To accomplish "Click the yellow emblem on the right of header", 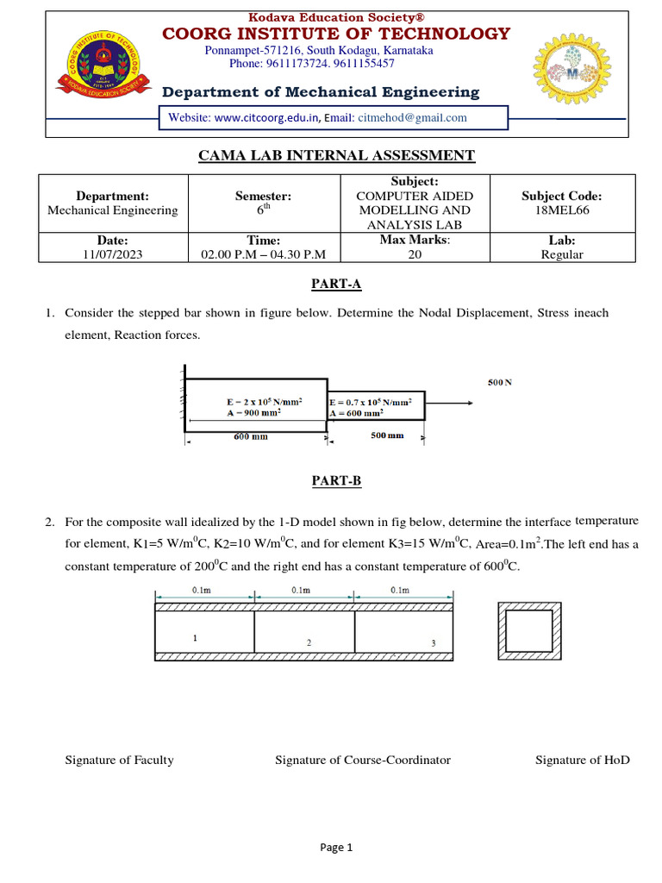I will tap(575, 74).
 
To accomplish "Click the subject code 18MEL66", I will tap(562, 210).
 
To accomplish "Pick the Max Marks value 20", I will tap(415, 254).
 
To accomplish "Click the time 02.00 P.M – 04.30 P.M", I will tap(263, 254).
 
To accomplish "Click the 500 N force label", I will tap(500, 382).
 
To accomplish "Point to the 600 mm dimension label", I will tap(251, 436).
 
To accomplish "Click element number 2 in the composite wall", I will tap(309, 642).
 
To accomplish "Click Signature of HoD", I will tap(582, 760).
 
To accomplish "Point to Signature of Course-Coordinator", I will tap(362, 760).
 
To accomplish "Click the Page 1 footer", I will tap(336, 848).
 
